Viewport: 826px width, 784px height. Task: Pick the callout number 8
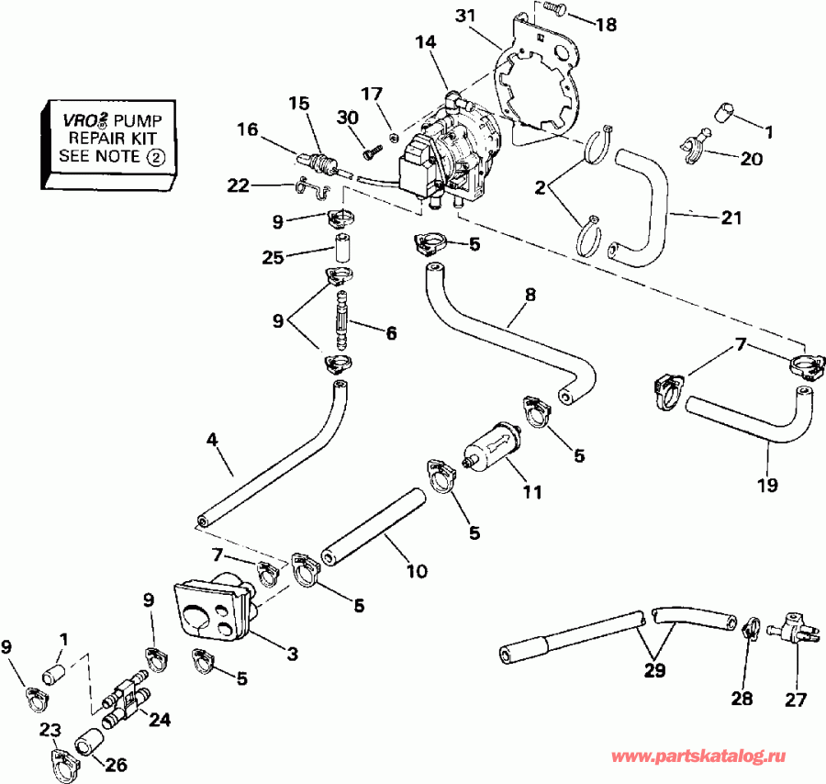tap(529, 297)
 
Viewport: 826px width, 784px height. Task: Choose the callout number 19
tap(768, 483)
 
